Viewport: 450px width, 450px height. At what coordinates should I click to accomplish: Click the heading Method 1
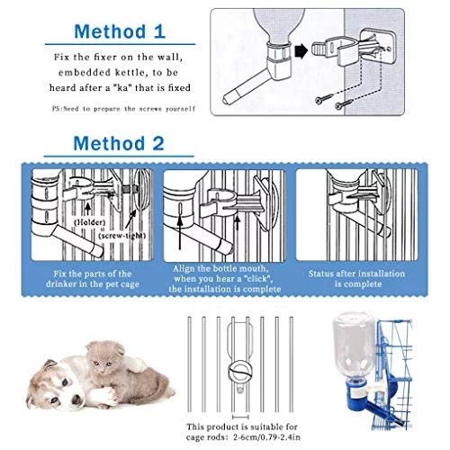pos(120,31)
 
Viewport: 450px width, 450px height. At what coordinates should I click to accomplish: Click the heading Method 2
pos(119,143)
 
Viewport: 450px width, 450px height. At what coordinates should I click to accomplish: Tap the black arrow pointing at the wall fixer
pos(301,51)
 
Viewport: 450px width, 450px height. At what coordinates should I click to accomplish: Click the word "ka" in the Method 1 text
pos(121,88)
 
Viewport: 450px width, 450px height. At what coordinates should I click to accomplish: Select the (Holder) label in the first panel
pos(89,222)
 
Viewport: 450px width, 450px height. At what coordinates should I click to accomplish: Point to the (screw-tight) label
pos(122,236)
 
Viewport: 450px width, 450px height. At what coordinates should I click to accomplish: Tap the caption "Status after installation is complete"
pos(357,279)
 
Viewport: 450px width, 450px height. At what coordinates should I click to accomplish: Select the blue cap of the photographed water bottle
pos(357,395)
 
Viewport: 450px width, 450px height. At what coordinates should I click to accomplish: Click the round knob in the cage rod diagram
pos(239,371)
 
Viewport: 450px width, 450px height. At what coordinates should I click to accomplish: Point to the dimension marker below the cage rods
pos(240,417)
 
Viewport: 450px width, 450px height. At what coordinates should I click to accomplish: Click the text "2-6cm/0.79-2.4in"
pos(266,437)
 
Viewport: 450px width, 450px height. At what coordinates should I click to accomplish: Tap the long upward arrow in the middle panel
pos(180,233)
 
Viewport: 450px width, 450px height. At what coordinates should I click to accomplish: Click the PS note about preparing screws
pos(123,109)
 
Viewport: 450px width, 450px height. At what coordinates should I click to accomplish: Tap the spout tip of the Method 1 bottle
pos(227,99)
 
